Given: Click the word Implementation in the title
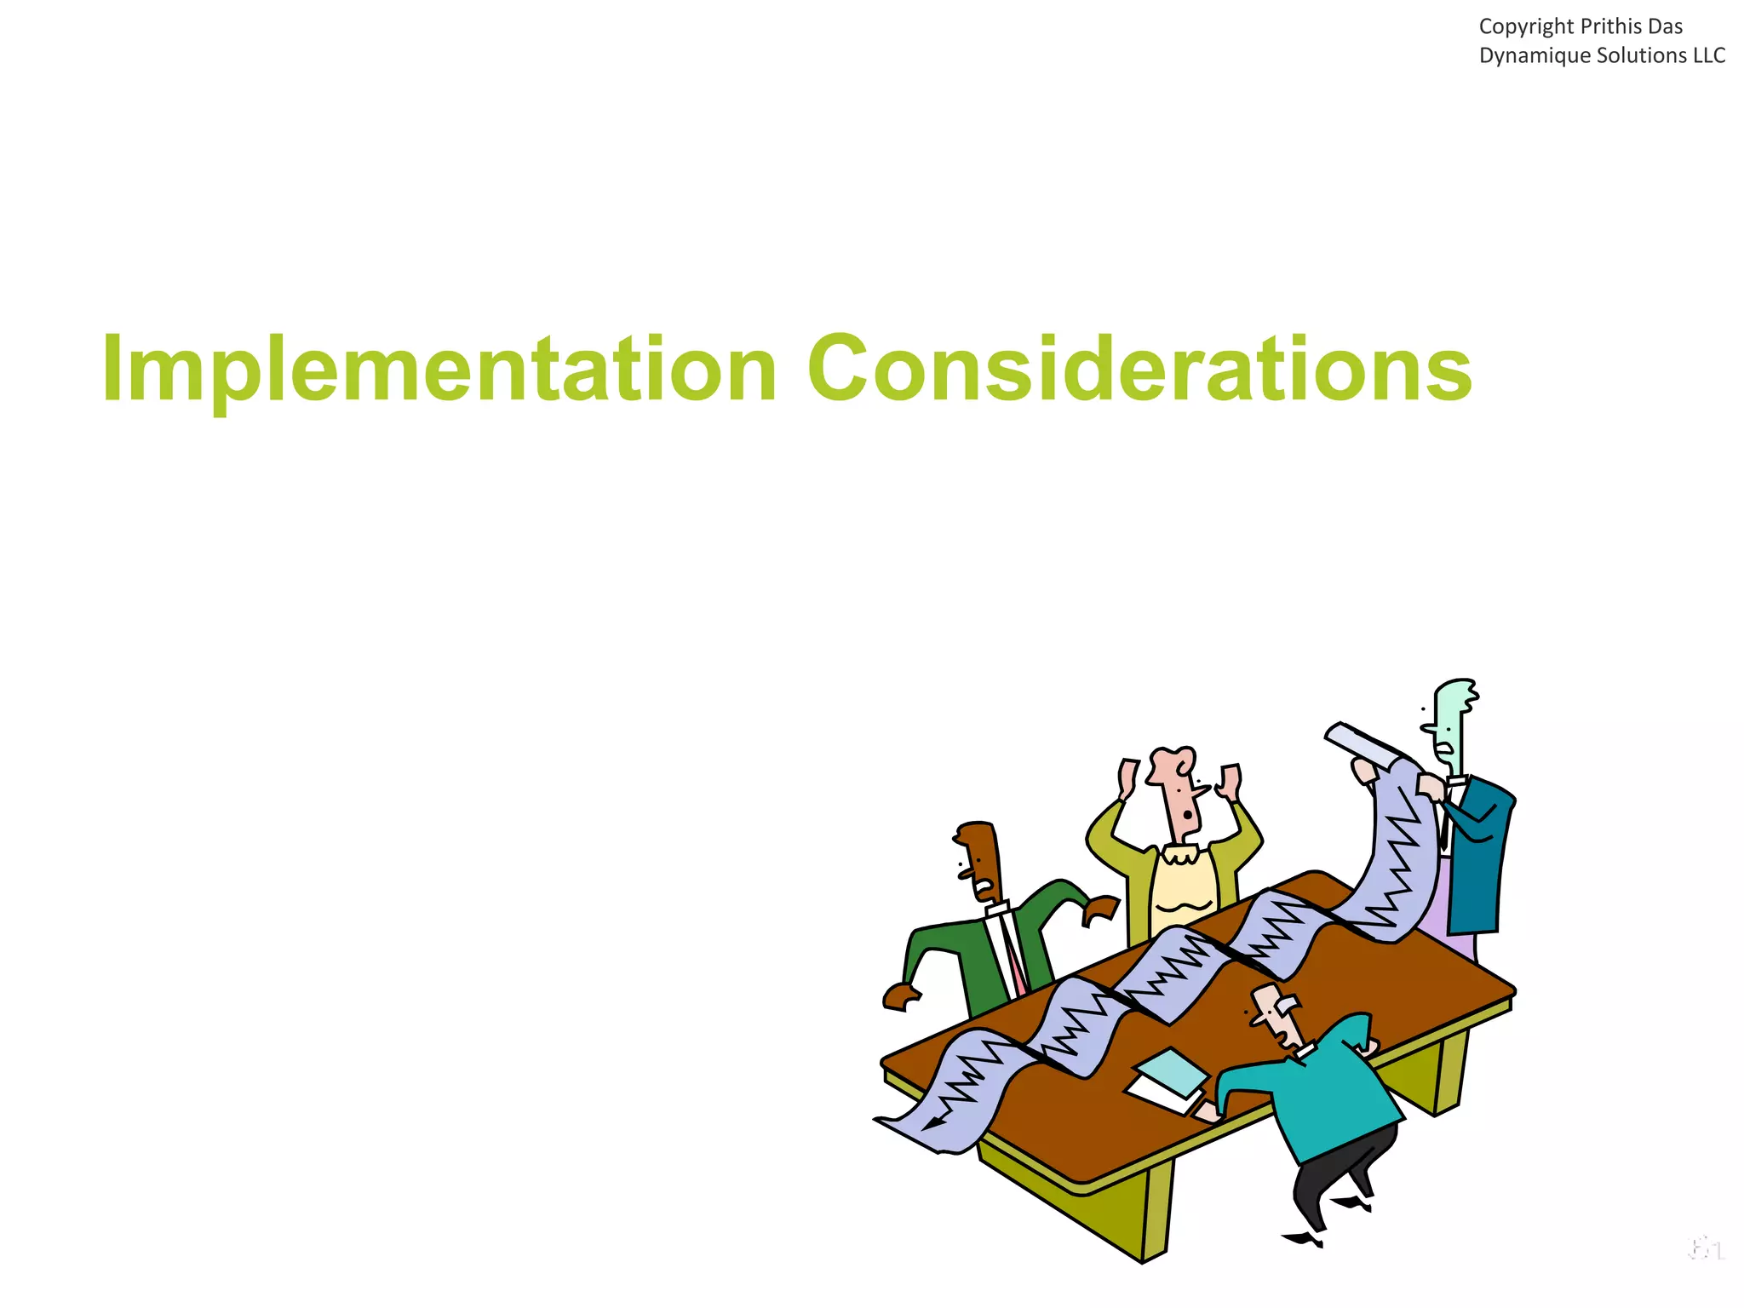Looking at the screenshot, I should pos(439,370).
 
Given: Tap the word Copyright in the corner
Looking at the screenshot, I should pos(1526,27).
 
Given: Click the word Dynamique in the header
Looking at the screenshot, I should pos(1528,56).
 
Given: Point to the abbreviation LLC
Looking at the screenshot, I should pos(1708,56).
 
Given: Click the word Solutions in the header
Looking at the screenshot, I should pos(1637,56).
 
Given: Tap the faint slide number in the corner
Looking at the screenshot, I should pos(1706,1250).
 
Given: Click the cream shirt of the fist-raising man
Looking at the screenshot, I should pos(1184,886).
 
